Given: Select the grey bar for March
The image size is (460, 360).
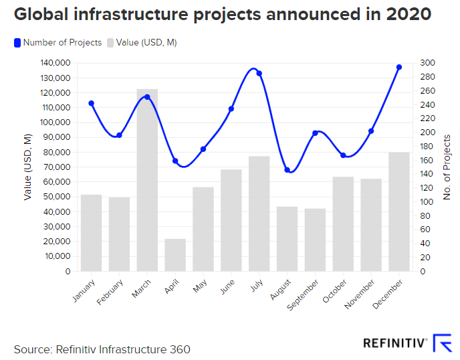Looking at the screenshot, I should click(147, 181).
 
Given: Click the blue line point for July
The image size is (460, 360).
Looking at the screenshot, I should click(259, 74).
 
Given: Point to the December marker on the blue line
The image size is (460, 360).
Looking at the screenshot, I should click(398, 68).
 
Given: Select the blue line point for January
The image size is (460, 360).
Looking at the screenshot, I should click(92, 104).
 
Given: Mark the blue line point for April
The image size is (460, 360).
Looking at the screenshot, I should click(175, 161).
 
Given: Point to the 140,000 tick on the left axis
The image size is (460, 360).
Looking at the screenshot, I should click(57, 63).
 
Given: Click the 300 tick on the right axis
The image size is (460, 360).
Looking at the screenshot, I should click(427, 63).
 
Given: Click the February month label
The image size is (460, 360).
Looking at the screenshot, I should click(110, 293).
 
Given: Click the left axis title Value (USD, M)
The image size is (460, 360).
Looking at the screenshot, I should click(28, 167).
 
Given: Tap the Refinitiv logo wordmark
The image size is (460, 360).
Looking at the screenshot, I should click(395, 343).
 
